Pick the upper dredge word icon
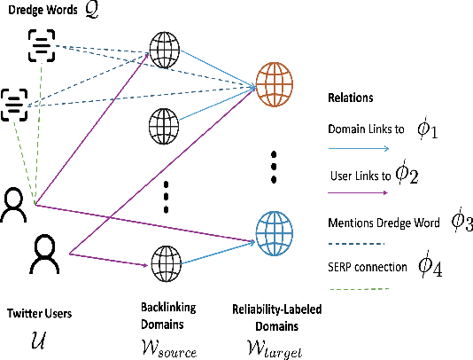point(43,44)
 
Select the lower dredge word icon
point(15,104)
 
